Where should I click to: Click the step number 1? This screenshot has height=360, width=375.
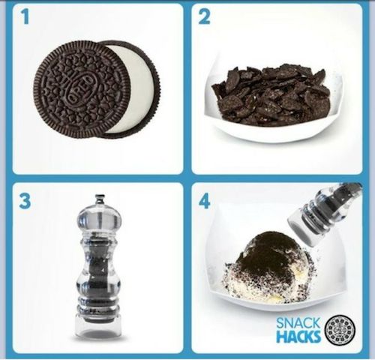(x=25, y=17)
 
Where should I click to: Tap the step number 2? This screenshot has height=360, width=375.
(x=204, y=17)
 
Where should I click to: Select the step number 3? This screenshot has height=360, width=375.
(x=25, y=202)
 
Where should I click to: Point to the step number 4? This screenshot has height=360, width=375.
(x=204, y=202)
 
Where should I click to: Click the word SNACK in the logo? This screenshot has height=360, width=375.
(x=298, y=323)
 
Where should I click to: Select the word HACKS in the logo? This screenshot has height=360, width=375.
(x=298, y=336)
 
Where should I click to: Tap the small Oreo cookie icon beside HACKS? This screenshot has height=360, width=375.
(x=340, y=330)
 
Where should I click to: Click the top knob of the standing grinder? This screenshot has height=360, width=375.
(x=100, y=200)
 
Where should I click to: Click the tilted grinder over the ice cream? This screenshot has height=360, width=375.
(x=325, y=215)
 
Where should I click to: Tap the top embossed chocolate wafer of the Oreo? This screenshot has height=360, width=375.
(x=82, y=89)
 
